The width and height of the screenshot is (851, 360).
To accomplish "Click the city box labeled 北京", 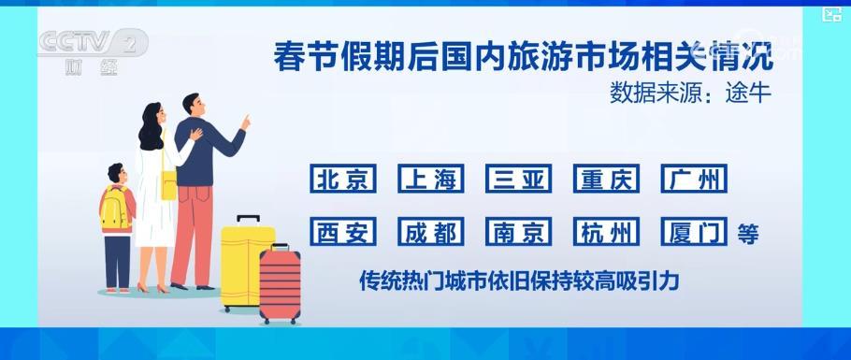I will pos(343,180).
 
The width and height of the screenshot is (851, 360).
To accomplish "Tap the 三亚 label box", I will pos(518,180).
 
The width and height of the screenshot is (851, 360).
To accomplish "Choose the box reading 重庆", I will pos(607,180).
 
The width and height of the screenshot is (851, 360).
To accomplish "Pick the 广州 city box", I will pos(694,180).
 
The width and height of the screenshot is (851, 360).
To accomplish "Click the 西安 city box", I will pos(343,232).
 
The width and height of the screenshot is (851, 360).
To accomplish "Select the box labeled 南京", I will pos(518,232).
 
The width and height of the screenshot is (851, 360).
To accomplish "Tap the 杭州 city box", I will pos(607,232).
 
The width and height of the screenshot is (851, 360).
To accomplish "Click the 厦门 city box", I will pos(694,232).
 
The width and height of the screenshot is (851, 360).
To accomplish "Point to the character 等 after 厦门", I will pos(747,234).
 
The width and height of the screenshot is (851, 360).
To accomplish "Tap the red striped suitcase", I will pos(280,284).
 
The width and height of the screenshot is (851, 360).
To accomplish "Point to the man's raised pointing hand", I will pos(246,122).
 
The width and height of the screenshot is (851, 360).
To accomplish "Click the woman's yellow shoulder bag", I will pos(169,184).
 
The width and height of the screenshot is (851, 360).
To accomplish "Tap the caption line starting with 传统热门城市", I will pos(518,280).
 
